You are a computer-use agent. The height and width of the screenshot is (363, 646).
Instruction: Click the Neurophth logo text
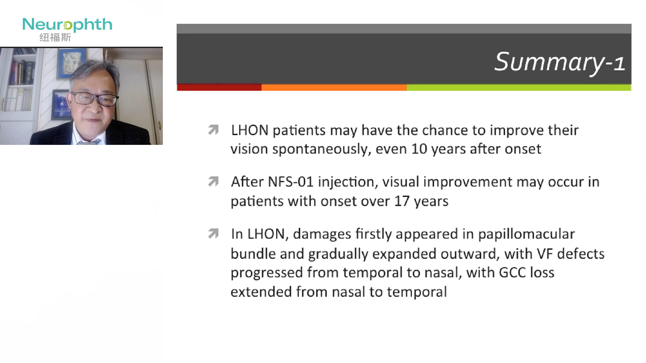[67, 25]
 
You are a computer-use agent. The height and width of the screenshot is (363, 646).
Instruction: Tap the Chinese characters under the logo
[55, 37]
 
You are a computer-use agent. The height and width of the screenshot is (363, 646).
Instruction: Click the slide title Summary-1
[560, 63]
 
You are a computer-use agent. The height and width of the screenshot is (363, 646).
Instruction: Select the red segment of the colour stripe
[219, 87]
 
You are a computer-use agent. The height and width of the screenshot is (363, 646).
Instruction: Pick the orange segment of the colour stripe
[334, 87]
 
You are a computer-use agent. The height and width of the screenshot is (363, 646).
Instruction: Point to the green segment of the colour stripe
[519, 87]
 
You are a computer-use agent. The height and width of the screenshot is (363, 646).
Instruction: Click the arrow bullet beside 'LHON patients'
[213, 129]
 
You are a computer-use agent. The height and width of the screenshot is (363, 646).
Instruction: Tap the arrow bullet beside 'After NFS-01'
[213, 182]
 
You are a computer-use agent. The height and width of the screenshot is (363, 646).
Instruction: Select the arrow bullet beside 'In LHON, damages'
[213, 233]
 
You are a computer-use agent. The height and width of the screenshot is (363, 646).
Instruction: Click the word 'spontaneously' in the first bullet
[322, 149]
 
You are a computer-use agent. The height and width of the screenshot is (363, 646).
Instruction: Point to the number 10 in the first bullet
[419, 149]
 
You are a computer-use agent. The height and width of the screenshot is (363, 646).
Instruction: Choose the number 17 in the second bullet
[402, 201]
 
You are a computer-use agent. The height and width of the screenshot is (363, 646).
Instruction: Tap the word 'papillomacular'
[527, 234]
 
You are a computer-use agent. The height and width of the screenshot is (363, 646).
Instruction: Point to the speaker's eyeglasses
[95, 99]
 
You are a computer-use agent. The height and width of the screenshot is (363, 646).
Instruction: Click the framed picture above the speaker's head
[71, 64]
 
